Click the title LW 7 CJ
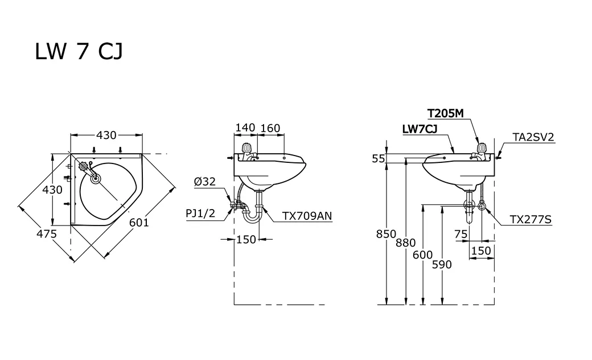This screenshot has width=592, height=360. pyautogui.click(x=79, y=52)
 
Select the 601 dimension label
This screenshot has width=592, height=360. pyautogui.click(x=138, y=222)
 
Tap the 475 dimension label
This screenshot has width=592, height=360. pyautogui.click(x=47, y=234)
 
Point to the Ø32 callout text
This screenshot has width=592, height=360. pyautogui.click(x=204, y=182)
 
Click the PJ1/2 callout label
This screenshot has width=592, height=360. pyautogui.click(x=201, y=213)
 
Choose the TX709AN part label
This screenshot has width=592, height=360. pyautogui.click(x=307, y=216)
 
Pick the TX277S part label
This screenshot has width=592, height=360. pyautogui.click(x=531, y=219)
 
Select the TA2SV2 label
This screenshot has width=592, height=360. pyautogui.click(x=533, y=136)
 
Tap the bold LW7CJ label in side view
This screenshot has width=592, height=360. pyautogui.click(x=420, y=129)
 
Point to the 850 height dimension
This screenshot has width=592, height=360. pyautogui.click(x=386, y=233)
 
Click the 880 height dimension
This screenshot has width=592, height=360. pyautogui.click(x=405, y=243)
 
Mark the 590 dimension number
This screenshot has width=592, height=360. pyautogui.click(x=442, y=264)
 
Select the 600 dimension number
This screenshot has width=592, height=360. pyautogui.click(x=423, y=255)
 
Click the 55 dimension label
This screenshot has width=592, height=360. pyautogui.click(x=379, y=159)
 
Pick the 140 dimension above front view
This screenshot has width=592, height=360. pyautogui.click(x=245, y=128)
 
